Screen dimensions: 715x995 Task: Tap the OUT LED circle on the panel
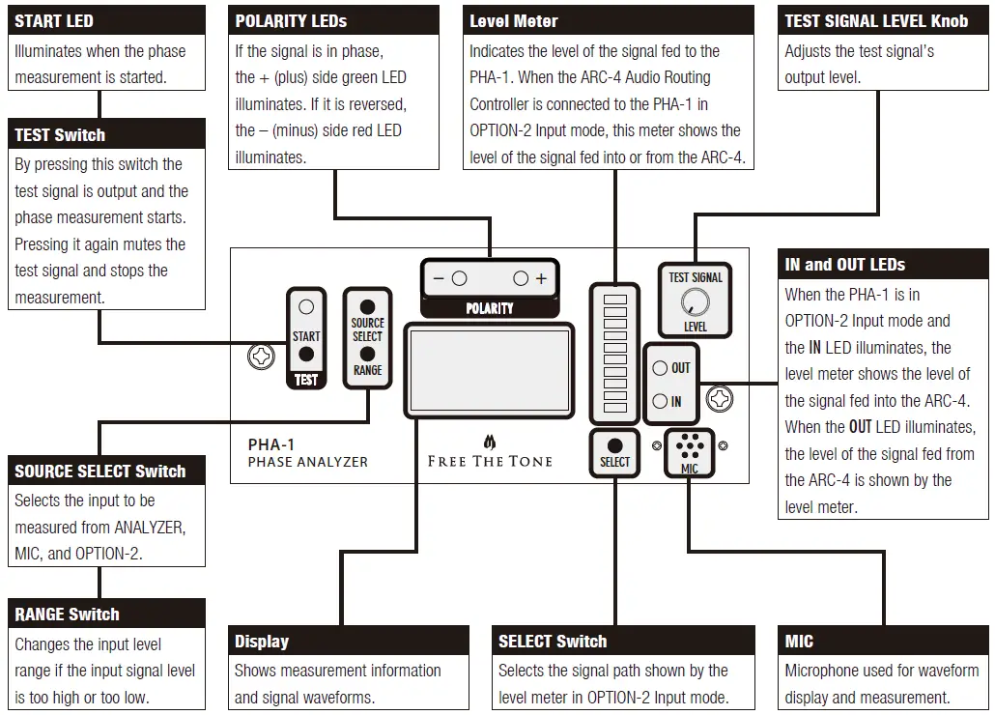[660, 368]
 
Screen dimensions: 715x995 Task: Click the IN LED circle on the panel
[660, 401]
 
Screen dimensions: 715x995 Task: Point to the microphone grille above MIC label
[689, 445]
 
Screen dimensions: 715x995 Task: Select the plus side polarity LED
[521, 278]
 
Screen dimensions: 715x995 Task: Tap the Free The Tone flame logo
[490, 442]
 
